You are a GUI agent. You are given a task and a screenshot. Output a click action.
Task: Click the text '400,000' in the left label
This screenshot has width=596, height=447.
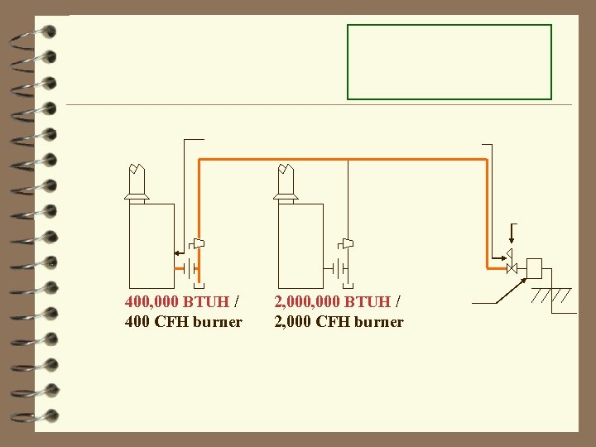[x=151, y=302]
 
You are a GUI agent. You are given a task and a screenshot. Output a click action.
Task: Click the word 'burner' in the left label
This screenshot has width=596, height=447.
[x=217, y=321]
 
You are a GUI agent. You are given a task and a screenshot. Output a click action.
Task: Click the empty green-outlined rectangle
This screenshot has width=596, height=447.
[x=449, y=62]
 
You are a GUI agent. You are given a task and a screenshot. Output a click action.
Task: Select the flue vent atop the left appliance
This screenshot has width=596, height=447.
[x=137, y=183]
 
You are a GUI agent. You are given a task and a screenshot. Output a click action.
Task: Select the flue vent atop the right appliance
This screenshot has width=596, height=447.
[x=286, y=183]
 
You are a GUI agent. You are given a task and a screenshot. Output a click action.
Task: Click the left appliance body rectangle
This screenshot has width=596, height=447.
[x=151, y=244]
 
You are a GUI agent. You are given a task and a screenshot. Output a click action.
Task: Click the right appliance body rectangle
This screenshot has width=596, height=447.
[x=300, y=244]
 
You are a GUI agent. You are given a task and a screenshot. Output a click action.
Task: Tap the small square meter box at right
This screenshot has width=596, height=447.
[x=534, y=268]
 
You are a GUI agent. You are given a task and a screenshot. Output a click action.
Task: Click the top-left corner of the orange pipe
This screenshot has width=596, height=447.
[x=199, y=160]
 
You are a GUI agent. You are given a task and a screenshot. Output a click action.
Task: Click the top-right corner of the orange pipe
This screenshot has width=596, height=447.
[x=487, y=160]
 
